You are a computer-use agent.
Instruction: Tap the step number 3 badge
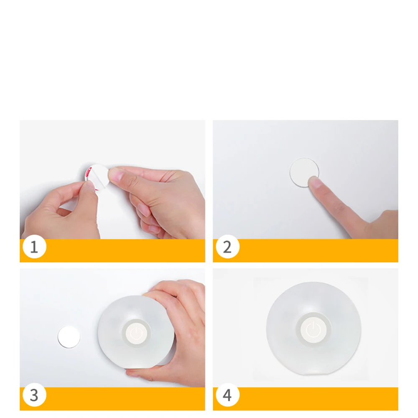click(x=34, y=395)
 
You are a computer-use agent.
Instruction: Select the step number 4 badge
click(x=227, y=395)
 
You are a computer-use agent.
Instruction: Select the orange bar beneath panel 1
click(x=125, y=250)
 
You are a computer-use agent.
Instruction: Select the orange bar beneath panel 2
click(x=318, y=250)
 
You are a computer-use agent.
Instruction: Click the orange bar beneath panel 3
click(x=125, y=398)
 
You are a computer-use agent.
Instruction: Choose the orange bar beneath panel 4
click(x=318, y=398)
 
